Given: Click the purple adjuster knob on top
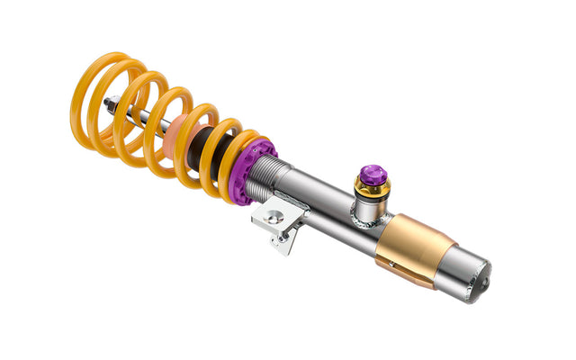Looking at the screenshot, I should tap(373, 175).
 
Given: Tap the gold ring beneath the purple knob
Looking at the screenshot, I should tap(373, 189).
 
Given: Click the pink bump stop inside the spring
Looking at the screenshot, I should tap(177, 130).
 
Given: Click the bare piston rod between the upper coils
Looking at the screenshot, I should tap(135, 112).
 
